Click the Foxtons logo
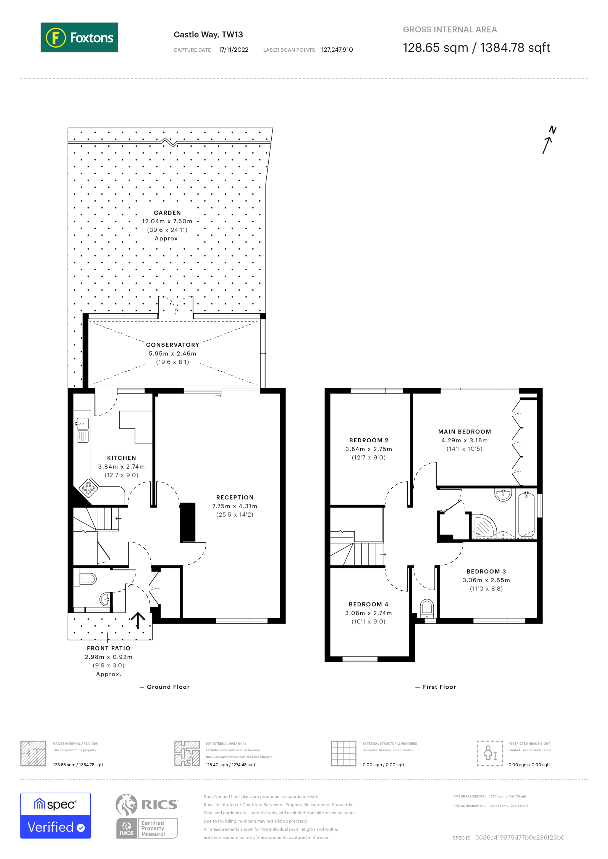pos(79,37)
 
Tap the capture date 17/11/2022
pos(233,50)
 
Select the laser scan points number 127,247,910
pos(337,50)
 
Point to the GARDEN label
pos(167,213)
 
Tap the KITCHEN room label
pos(121,458)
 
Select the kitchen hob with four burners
pos(88,488)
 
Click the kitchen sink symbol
pos(83,424)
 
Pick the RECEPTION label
pos(235,497)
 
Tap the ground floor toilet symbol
pos(88,579)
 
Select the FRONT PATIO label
pos(109,648)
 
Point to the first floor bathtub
pos(526,514)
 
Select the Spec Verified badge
pos(55,816)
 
